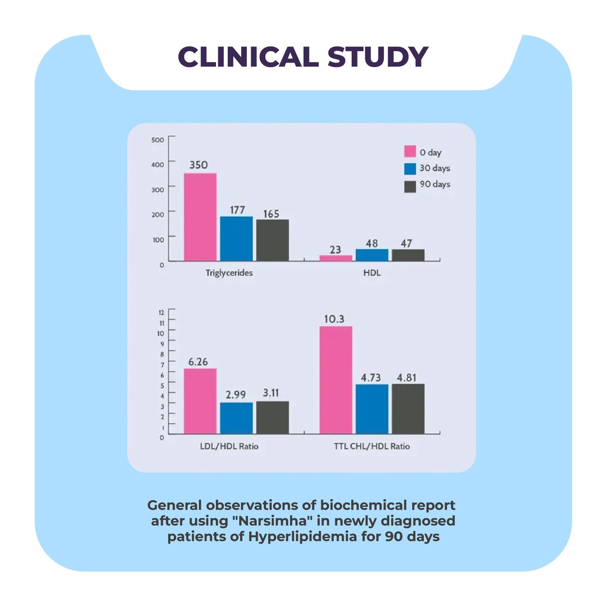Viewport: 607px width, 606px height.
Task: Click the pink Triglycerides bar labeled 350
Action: (x=200, y=217)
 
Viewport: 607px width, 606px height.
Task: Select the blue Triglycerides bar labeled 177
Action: (x=236, y=239)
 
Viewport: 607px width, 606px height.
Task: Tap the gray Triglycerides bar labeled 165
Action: (x=272, y=240)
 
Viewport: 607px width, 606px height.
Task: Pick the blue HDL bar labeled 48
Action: (x=372, y=255)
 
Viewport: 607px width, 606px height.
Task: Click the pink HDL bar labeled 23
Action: (x=336, y=258)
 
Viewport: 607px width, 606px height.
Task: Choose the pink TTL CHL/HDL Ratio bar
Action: (x=336, y=380)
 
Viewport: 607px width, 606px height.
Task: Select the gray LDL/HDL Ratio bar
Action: (x=272, y=418)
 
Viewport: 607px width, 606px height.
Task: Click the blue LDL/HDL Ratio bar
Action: (x=236, y=418)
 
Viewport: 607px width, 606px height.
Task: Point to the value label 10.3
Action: (x=334, y=319)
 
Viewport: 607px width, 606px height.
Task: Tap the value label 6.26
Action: (x=198, y=362)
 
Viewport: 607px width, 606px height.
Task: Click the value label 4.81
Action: (x=407, y=378)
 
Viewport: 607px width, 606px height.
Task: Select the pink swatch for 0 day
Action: (x=410, y=151)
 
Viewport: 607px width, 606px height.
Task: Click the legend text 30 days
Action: (x=435, y=168)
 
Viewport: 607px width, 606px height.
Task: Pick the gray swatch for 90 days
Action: (x=410, y=186)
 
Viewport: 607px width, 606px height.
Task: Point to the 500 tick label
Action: (x=158, y=140)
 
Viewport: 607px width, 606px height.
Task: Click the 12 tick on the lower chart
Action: (x=161, y=312)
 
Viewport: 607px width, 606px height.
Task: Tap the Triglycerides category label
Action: (x=229, y=273)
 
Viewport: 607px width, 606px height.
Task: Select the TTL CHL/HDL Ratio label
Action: (x=372, y=446)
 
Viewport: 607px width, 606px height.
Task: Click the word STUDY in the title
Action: (x=378, y=57)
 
